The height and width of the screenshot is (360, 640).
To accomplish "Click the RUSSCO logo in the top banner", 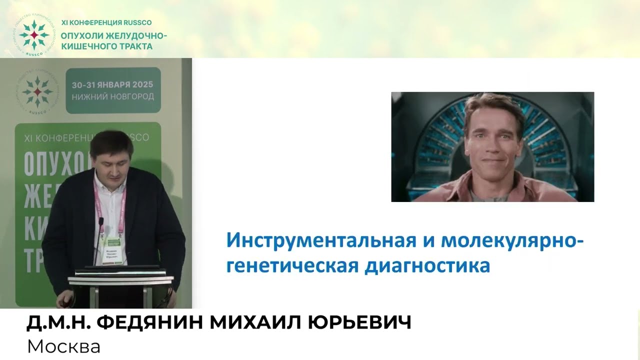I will [34, 34].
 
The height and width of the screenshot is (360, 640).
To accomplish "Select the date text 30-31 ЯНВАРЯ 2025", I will [112, 84].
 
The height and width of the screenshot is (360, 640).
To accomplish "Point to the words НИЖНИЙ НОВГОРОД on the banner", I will [112, 96].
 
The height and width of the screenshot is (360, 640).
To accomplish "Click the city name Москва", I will [63, 346].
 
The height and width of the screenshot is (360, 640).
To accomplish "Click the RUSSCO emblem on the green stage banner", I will [35, 90].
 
